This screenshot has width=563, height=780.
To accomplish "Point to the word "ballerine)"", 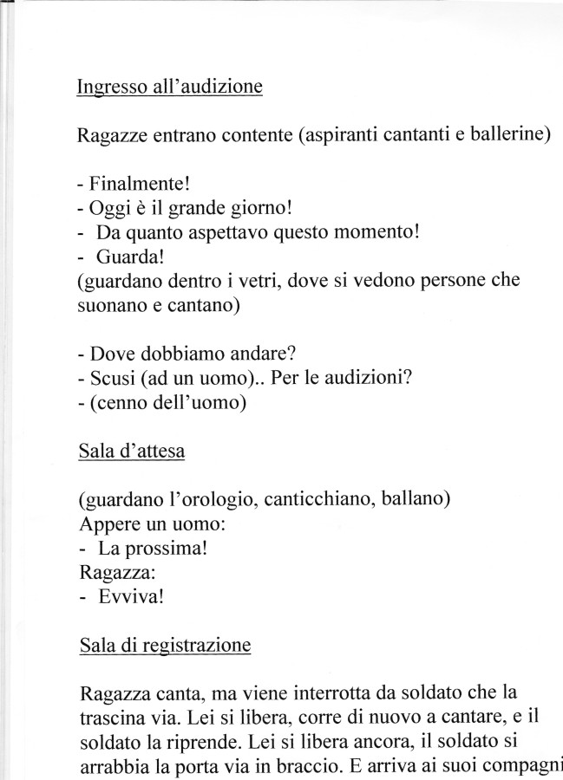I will click(510, 137).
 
